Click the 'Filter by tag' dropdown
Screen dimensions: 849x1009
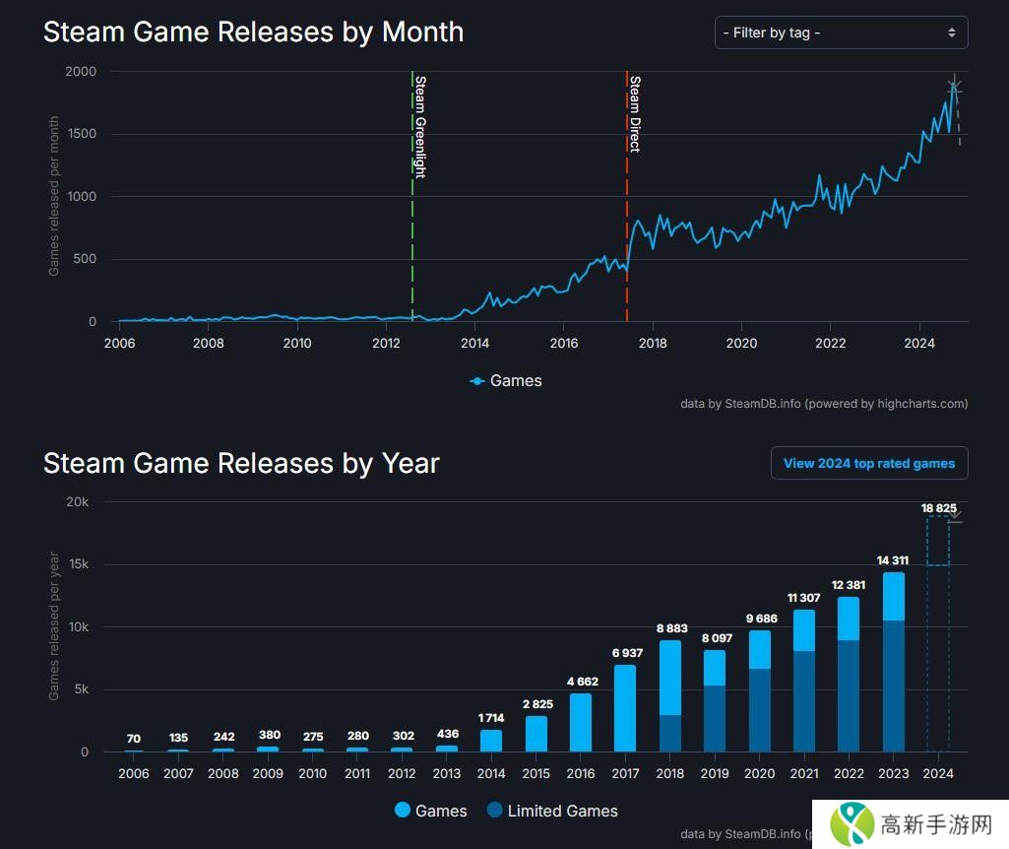click(x=841, y=33)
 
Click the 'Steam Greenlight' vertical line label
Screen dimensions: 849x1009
click(x=420, y=126)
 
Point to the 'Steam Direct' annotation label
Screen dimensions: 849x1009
click(x=635, y=113)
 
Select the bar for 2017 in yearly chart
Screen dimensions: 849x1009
click(x=624, y=708)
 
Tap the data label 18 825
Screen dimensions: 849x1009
click(x=939, y=508)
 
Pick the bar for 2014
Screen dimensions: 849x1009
click(x=491, y=741)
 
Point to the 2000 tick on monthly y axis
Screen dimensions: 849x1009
click(x=81, y=72)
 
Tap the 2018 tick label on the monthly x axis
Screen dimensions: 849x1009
click(x=653, y=343)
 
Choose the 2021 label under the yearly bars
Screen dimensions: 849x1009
click(x=804, y=773)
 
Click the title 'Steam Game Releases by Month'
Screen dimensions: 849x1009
click(x=253, y=32)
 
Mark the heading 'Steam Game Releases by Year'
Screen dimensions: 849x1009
click(x=241, y=463)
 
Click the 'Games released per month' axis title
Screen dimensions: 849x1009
click(x=54, y=196)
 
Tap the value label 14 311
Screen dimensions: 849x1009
click(x=893, y=560)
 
